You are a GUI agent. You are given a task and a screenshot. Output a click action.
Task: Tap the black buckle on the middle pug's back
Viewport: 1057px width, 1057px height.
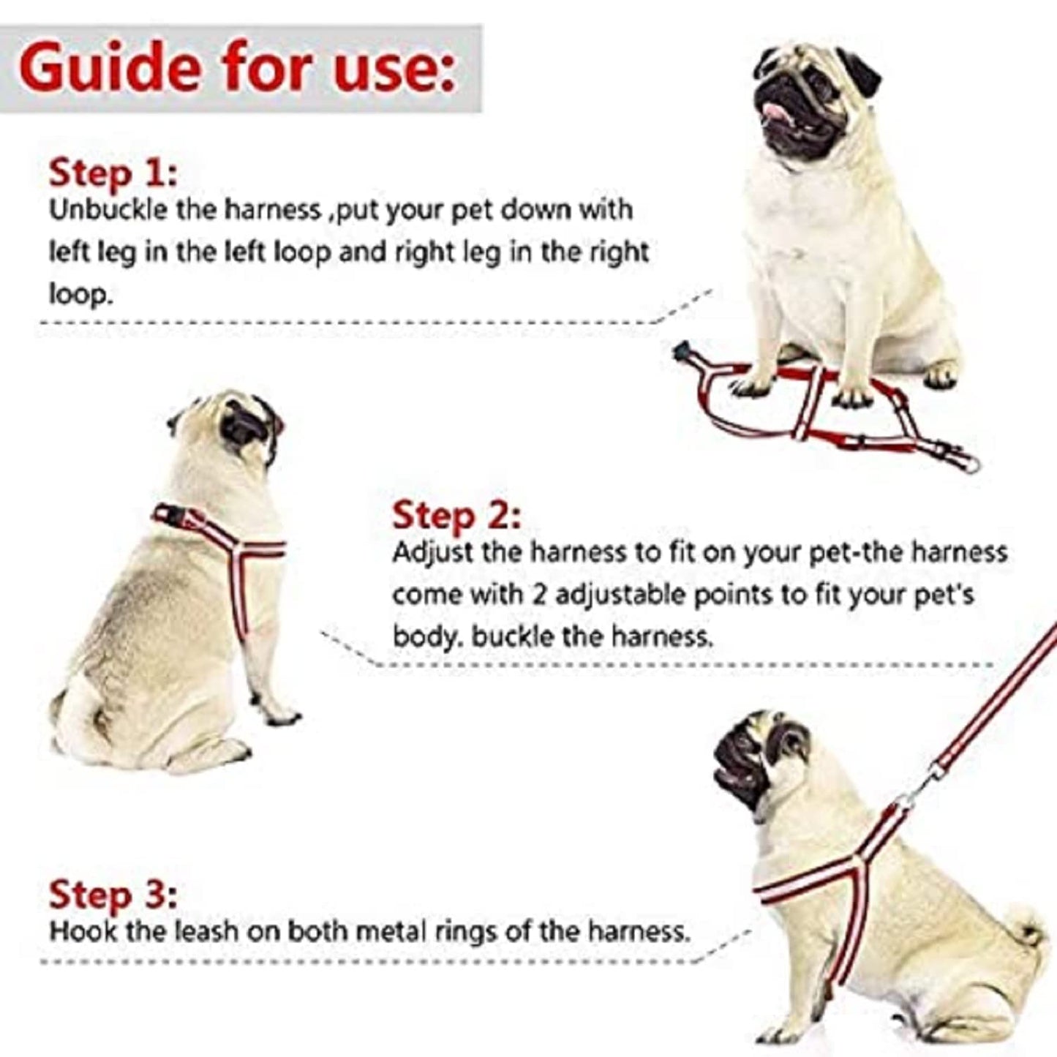click(176, 518)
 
